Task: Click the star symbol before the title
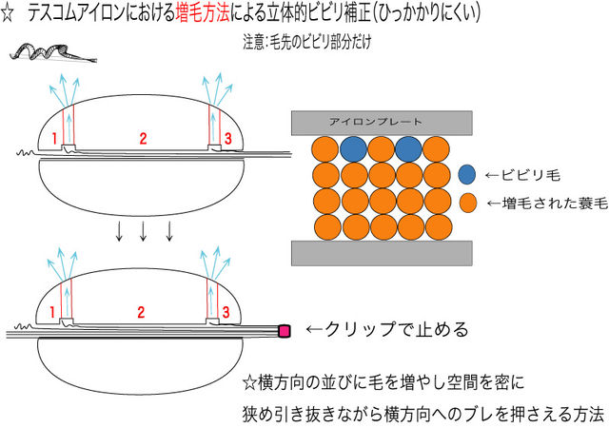pyautogui.click(x=10, y=13)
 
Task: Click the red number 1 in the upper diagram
pyautogui.click(x=54, y=139)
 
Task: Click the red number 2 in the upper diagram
pyautogui.click(x=142, y=139)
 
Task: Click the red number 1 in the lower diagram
pyautogui.click(x=53, y=312)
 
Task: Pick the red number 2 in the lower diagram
pyautogui.click(x=142, y=311)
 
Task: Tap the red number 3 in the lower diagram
pyautogui.click(x=225, y=312)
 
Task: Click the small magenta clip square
pyautogui.click(x=283, y=330)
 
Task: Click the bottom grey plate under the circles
pyautogui.click(x=380, y=252)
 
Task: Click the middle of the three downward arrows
pyautogui.click(x=144, y=232)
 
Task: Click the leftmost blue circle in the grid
pyautogui.click(x=352, y=148)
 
